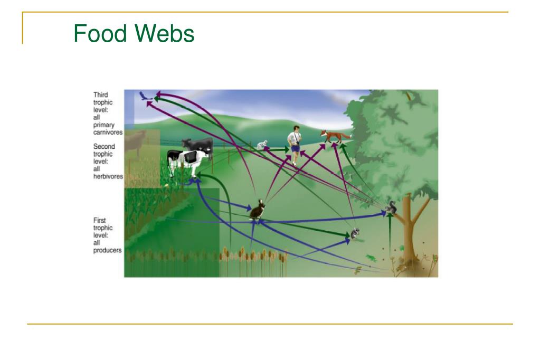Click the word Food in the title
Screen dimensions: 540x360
(100, 33)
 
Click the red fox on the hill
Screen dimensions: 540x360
(335, 136)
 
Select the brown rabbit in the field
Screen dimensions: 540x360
(257, 210)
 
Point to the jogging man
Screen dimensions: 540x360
(295, 145)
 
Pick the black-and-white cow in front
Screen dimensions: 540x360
(187, 161)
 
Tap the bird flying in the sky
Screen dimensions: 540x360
(145, 96)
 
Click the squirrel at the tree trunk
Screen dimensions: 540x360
(391, 208)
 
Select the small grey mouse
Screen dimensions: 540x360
(355, 233)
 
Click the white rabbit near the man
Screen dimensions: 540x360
(262, 145)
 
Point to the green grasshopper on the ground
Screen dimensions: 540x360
(371, 258)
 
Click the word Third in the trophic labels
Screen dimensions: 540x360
(101, 94)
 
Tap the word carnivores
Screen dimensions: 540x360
(108, 132)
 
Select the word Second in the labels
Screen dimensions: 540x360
(104, 146)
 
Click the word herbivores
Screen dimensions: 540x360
(108, 176)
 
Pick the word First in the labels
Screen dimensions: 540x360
(100, 220)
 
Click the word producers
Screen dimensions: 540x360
(108, 250)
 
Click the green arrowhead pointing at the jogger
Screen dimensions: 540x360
(286, 149)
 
